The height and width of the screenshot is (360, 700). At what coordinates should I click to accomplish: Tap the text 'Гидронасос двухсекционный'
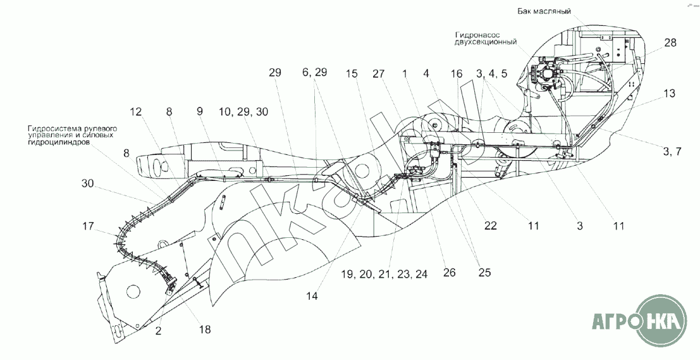[484, 38]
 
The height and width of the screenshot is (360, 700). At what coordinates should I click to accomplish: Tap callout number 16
[457, 73]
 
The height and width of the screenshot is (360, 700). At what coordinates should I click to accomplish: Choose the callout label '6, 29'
[314, 73]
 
